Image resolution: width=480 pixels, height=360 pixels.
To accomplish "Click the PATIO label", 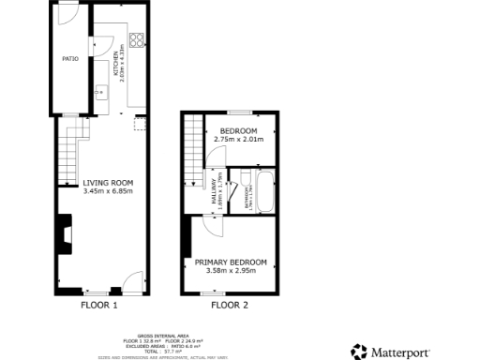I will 68,58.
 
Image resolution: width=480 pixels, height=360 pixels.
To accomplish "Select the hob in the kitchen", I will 137,40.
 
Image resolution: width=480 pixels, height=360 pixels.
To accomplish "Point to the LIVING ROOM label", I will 107,183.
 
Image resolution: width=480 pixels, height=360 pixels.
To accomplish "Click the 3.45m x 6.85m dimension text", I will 107,191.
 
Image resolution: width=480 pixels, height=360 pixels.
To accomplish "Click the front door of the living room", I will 132,280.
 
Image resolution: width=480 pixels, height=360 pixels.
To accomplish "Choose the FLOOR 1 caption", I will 99,305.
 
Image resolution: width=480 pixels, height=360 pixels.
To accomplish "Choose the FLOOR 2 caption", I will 230,305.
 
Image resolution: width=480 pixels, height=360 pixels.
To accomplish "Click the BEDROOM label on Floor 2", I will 238,130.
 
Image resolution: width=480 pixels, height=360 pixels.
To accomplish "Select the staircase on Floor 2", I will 193,145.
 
